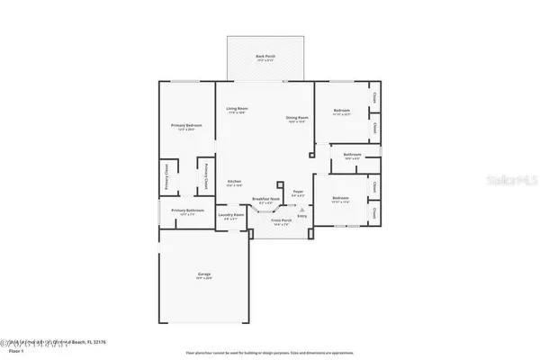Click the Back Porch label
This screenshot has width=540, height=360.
click(x=265, y=57)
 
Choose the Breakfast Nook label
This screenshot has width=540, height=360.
click(x=265, y=199)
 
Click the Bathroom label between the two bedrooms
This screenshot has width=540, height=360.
click(x=352, y=156)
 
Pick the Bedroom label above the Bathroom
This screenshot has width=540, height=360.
click(x=339, y=112)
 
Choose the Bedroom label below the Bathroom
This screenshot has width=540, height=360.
click(x=340, y=198)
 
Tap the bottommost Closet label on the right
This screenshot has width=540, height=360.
click(x=373, y=212)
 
